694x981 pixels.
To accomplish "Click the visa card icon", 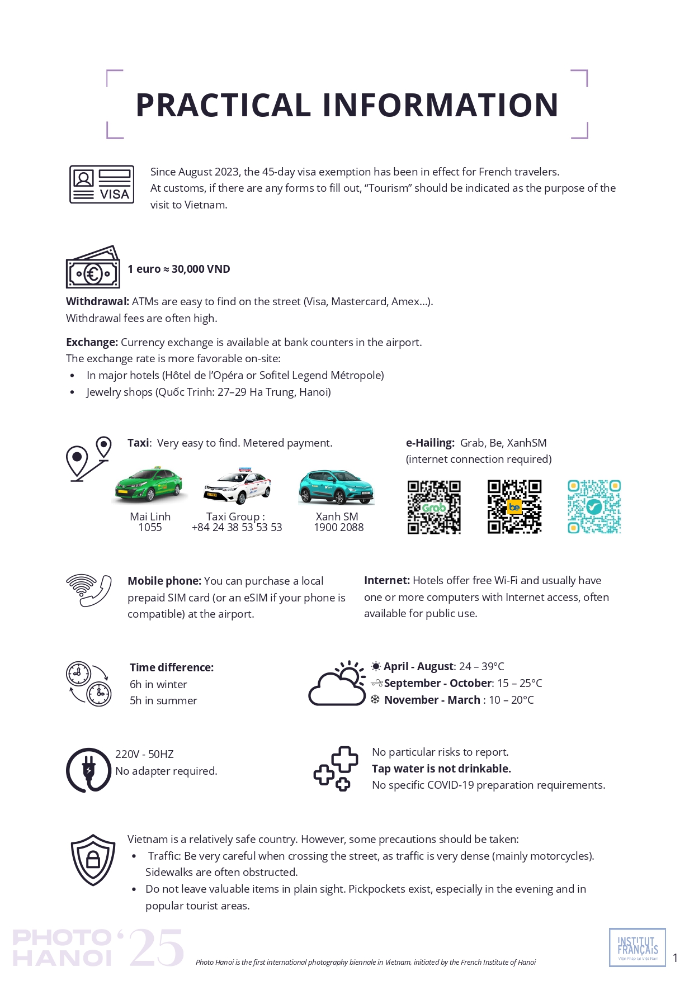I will pyautogui.click(x=102, y=184).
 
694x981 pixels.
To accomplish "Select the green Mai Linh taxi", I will pyautogui.click(x=148, y=485).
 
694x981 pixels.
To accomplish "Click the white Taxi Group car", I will pyautogui.click(x=238, y=485).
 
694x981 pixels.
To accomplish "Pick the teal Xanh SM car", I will pyautogui.click(x=336, y=486).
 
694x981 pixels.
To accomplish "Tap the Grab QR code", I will pyautogui.click(x=434, y=507).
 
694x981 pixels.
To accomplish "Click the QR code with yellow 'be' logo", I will pyautogui.click(x=514, y=507).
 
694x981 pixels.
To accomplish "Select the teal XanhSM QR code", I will pyautogui.click(x=594, y=507).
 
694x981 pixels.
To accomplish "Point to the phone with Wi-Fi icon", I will pyautogui.click(x=88, y=590).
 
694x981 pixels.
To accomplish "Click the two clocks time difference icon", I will pyautogui.click(x=89, y=683).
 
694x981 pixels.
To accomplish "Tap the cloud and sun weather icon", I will pyautogui.click(x=337, y=683).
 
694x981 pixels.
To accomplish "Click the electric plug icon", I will pyautogui.click(x=88, y=770).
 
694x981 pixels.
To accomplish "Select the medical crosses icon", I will pyautogui.click(x=336, y=769).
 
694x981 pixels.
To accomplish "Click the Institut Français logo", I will pyautogui.click(x=638, y=947).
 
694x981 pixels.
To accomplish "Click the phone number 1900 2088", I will pyautogui.click(x=338, y=527).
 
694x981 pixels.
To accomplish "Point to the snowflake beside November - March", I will pyautogui.click(x=375, y=699).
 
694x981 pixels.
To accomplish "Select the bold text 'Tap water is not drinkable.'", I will pyautogui.click(x=441, y=769).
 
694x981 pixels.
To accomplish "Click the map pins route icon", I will pyautogui.click(x=88, y=458).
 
